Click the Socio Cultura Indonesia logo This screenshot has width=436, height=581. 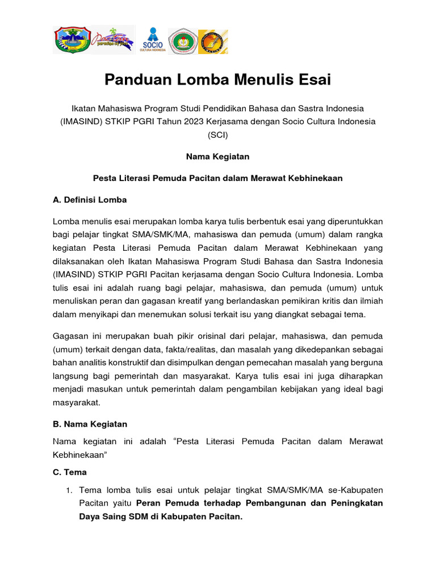coord(153,40)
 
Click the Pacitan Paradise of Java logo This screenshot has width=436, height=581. coord(114,40)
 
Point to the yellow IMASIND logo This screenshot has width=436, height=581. coord(213,41)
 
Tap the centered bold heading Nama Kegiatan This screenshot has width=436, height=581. coord(217,156)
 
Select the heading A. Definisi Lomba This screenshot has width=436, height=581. coord(90,200)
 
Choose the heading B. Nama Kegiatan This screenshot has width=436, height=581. coord(90,424)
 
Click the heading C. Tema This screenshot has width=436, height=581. coord(70,471)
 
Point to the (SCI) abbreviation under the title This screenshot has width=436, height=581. coord(217,135)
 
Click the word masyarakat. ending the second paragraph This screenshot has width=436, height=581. coord(76,402)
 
